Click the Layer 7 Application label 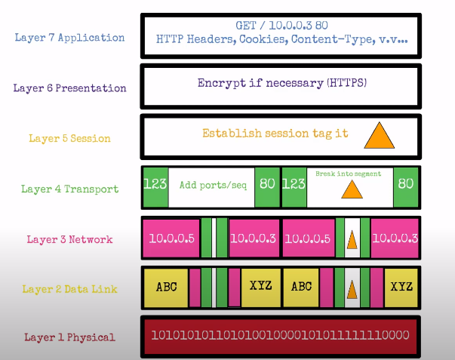coord(70,37)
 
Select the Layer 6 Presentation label coord(70,88)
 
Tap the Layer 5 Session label coord(70,138)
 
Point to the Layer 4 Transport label coord(70,189)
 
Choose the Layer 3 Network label coord(70,239)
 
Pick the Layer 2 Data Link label coord(70,288)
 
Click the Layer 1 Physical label coord(70,337)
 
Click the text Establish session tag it coord(275,134)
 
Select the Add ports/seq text coord(211,183)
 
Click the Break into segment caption coord(349,174)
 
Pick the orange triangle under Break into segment coord(352,189)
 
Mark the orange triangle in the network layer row coord(352,240)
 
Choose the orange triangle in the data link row coord(352,288)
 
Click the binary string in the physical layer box coord(280,335)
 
